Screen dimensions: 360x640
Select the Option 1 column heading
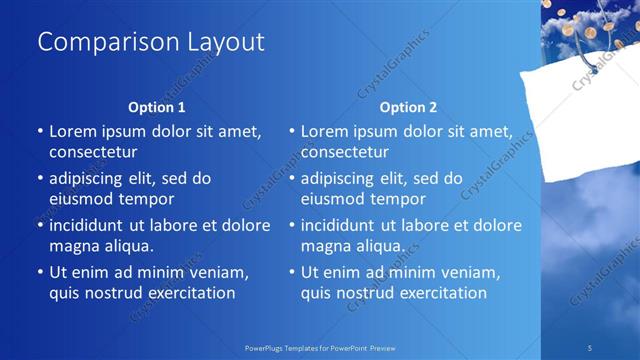click(x=157, y=107)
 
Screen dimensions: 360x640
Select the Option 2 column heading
click(x=409, y=107)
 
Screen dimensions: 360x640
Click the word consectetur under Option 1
click(x=93, y=152)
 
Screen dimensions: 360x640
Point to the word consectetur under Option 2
click(x=345, y=152)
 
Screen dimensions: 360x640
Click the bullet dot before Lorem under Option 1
click(x=39, y=131)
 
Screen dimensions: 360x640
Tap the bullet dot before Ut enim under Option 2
click(x=291, y=272)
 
